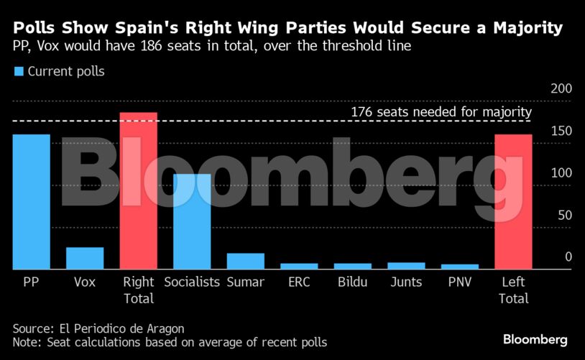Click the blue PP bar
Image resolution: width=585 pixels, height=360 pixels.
coord(31,202)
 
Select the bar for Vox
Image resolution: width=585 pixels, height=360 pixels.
coord(85,259)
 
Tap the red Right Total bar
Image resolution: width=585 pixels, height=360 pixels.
coord(138,191)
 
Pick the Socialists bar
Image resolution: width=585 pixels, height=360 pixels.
coord(192,222)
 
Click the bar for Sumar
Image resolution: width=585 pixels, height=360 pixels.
coord(246,262)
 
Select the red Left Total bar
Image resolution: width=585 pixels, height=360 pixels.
coord(513,202)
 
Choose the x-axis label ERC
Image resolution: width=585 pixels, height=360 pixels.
coord(299,282)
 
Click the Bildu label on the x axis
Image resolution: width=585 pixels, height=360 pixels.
coord(352,282)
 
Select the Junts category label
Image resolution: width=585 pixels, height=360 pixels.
coord(406,282)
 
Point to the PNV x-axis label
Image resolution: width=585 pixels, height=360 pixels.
coord(459,282)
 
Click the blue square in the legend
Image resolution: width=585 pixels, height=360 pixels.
coord(19,71)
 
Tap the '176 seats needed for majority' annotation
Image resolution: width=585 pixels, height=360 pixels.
coord(441,112)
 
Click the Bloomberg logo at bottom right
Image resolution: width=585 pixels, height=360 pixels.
coord(535,339)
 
